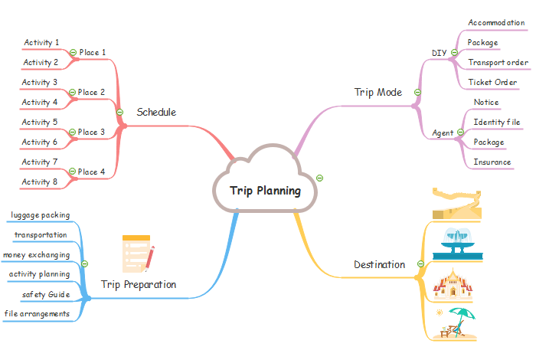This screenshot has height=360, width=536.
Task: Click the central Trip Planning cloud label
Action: tap(266, 191)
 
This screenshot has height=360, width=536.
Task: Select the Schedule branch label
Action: tap(156, 113)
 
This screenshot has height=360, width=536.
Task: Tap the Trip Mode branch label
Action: tap(377, 92)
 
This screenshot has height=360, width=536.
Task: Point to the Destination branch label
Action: tap(379, 264)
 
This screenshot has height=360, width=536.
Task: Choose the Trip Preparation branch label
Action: tap(139, 284)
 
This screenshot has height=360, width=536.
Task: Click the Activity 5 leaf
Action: tap(40, 123)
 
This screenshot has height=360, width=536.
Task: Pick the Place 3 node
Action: tap(92, 133)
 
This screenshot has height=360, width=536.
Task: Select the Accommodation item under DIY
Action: tap(496, 23)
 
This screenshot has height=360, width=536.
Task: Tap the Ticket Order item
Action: tap(492, 82)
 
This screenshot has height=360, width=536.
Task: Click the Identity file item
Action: tap(496, 122)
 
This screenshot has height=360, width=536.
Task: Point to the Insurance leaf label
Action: tap(492, 162)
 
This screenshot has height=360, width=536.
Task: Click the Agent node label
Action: tap(443, 133)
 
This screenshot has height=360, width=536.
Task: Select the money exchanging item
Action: tap(37, 254)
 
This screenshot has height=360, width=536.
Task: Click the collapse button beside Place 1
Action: tap(73, 53)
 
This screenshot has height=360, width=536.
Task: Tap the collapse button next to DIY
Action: tap(454, 53)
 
